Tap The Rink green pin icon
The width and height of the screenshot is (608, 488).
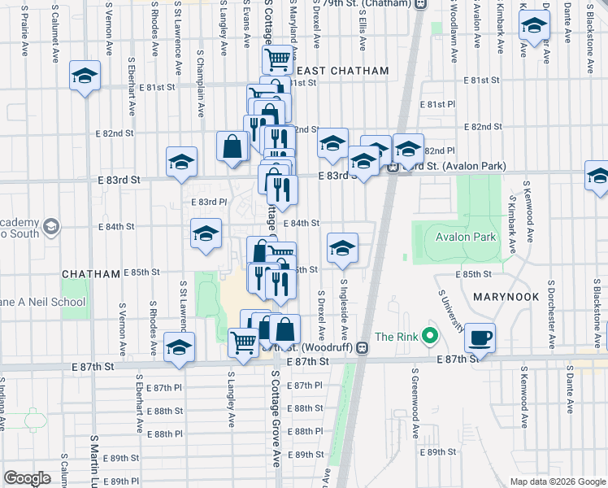pos(432,336)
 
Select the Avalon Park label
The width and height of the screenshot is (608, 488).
pos(465,237)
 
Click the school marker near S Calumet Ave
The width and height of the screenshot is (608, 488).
pos(84,76)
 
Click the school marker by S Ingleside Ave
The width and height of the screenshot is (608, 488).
pos(342,249)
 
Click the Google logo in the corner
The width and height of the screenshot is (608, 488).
pos(27,478)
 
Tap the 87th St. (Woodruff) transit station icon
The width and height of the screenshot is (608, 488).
pos(363,348)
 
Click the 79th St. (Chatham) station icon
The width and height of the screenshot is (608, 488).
pos(420,4)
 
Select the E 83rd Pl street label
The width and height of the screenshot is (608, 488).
pos(208,202)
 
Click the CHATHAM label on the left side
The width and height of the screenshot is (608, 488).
pos(91,274)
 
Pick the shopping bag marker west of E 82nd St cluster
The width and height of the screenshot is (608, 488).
pos(232,146)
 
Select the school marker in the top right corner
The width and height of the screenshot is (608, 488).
pos(534,26)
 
